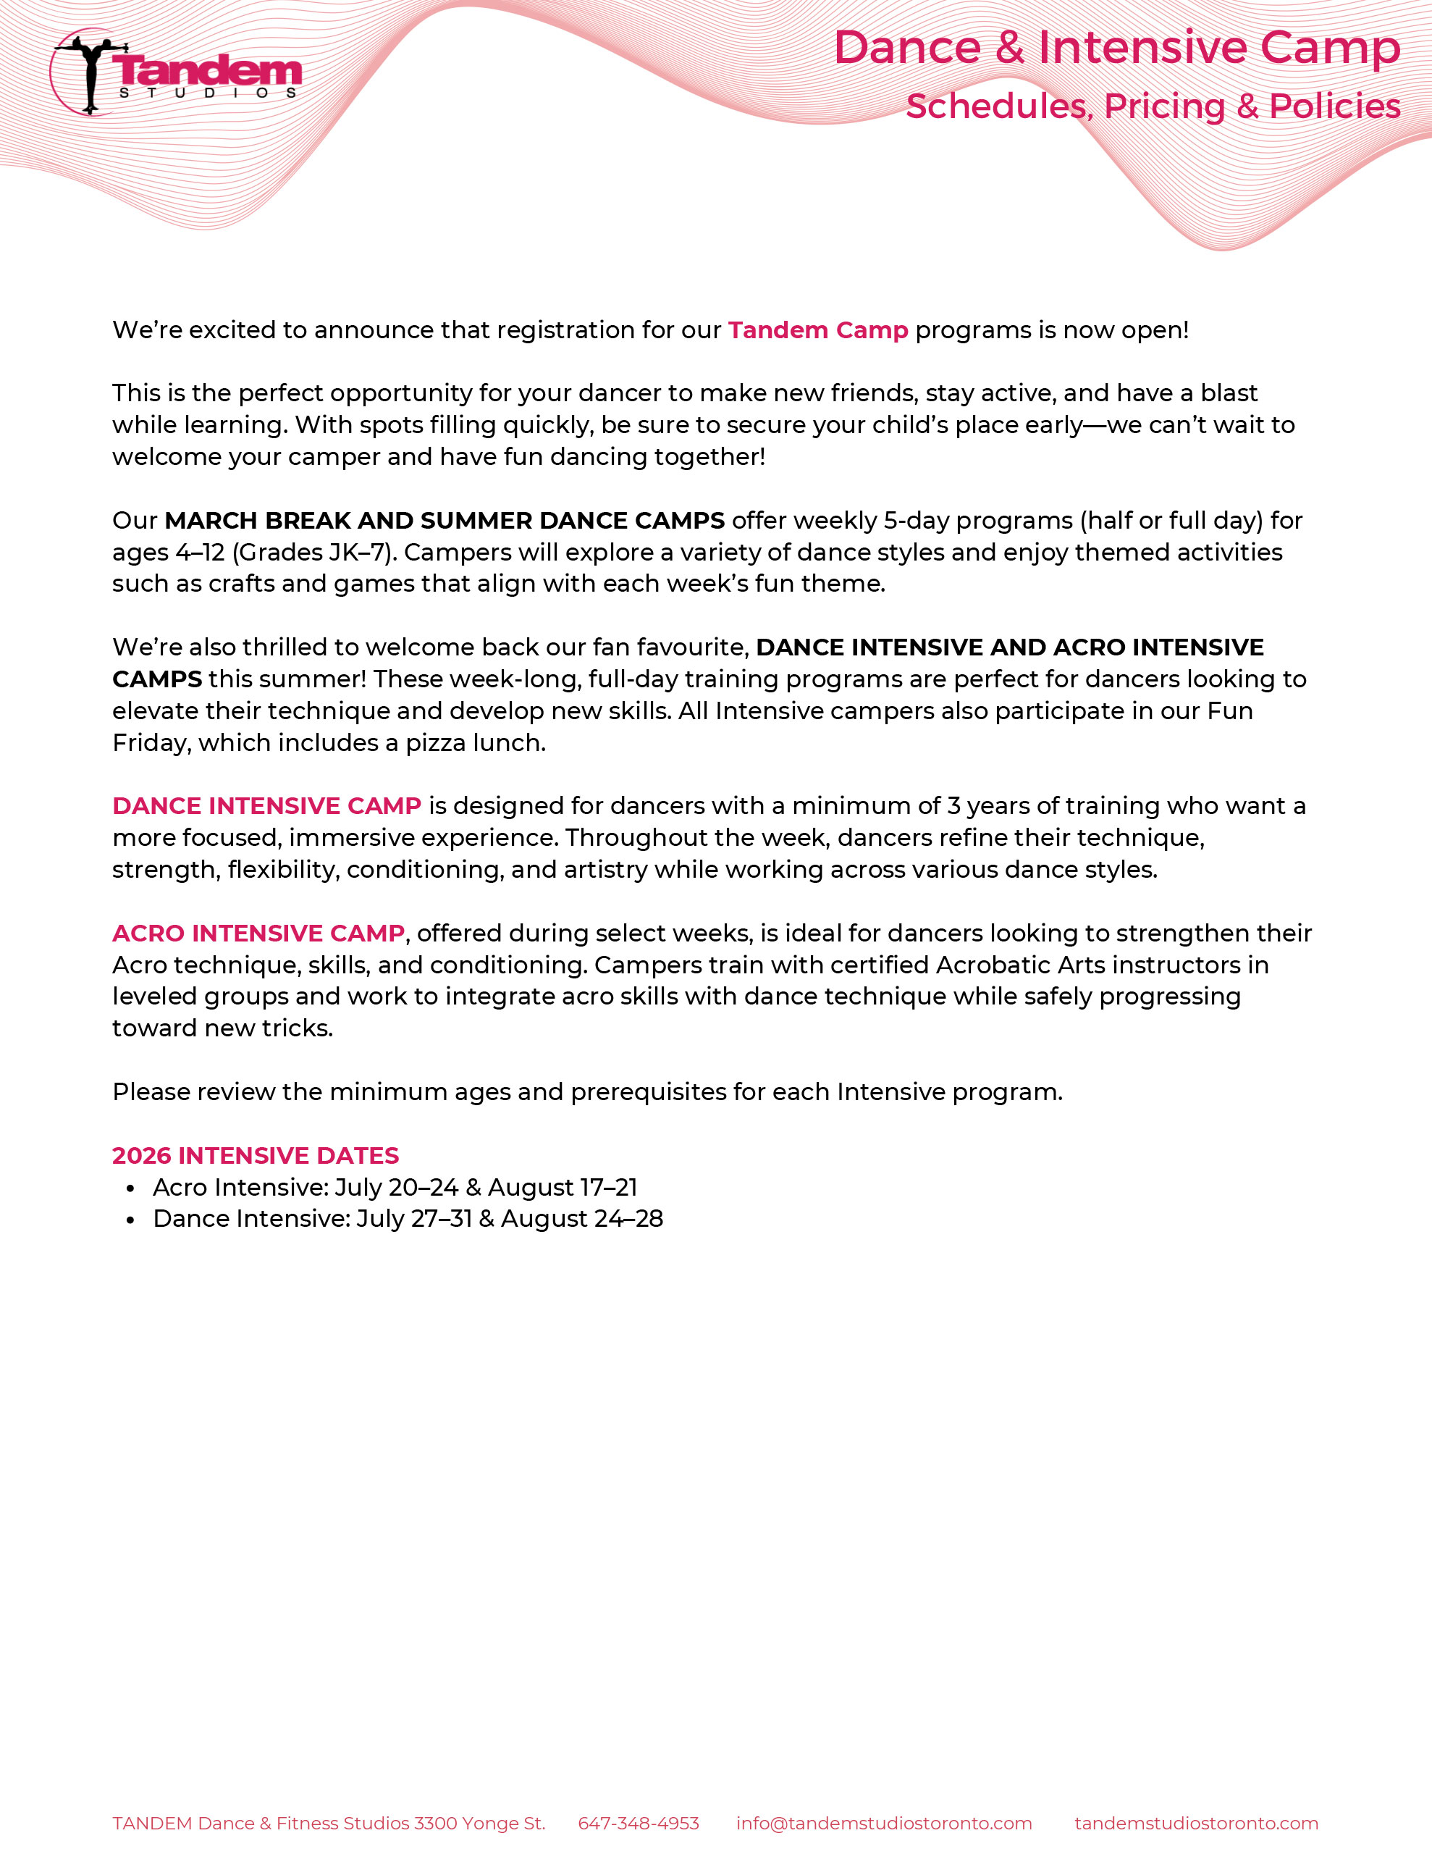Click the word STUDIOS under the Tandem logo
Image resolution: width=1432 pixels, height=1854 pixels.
(x=207, y=93)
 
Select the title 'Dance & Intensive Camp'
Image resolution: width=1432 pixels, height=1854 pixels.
(x=1116, y=48)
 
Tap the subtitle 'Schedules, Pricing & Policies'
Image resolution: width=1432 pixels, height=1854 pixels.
(x=1153, y=106)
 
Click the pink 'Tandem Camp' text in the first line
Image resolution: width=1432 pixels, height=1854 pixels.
(x=817, y=330)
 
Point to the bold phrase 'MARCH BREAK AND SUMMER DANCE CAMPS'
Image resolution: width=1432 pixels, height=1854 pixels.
(x=444, y=521)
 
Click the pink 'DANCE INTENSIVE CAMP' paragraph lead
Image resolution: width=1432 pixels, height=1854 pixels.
(x=266, y=805)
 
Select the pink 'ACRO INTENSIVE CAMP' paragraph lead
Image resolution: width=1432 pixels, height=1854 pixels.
(x=258, y=933)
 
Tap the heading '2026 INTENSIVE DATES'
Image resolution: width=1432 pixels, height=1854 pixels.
(x=255, y=1155)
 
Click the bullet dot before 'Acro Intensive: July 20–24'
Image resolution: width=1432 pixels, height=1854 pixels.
(x=130, y=1189)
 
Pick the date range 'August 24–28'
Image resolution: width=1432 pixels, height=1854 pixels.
(x=581, y=1219)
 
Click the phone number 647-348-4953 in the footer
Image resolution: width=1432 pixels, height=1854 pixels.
(x=639, y=1824)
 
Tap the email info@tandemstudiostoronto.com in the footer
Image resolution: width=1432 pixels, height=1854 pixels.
(x=884, y=1824)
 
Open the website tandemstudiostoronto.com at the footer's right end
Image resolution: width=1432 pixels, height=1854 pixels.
(x=1196, y=1824)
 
